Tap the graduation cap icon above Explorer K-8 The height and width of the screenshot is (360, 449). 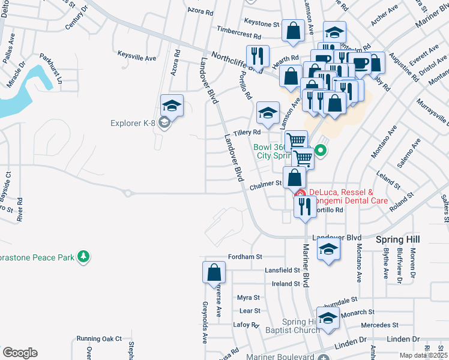coord(172,106)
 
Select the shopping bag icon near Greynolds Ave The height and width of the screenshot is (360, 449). coord(214,273)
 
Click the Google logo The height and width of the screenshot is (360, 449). coord(20,353)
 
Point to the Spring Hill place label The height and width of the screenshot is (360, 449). coord(397,239)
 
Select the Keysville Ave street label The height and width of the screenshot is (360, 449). coord(137,58)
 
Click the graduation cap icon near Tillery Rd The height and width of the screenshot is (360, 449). coord(268,112)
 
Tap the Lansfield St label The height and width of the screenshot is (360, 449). coord(282,271)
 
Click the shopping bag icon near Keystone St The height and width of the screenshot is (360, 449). coord(292,32)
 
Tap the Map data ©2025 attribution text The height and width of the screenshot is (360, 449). coord(424,355)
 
